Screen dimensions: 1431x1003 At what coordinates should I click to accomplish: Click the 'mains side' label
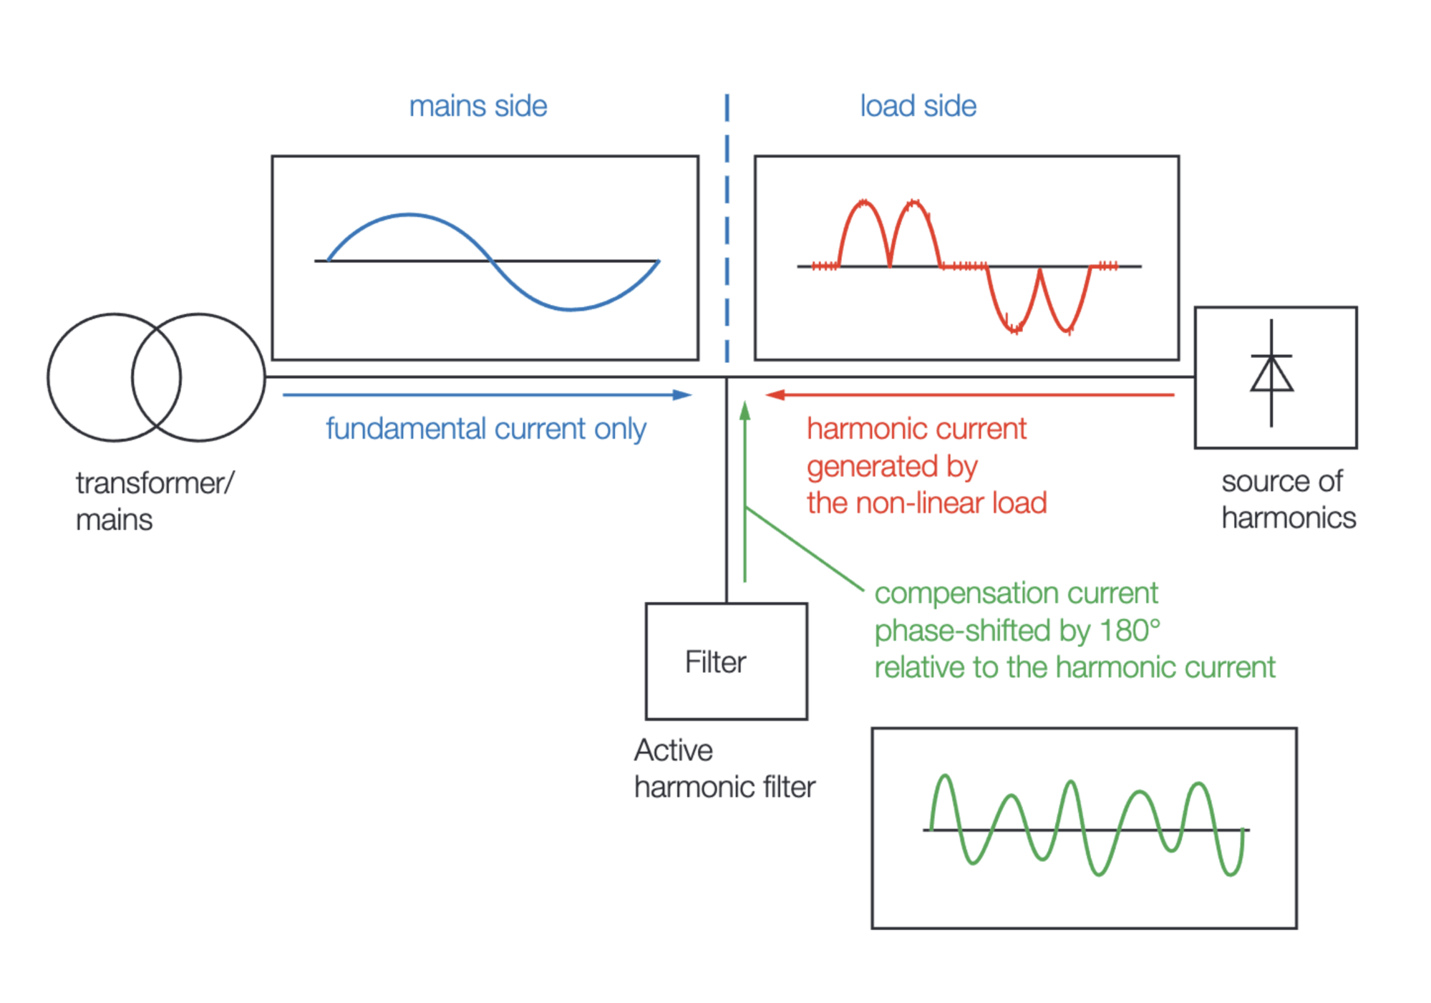point(478,106)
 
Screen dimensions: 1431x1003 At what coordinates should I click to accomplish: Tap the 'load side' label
point(918,106)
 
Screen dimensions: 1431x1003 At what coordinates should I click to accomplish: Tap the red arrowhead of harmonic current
point(775,394)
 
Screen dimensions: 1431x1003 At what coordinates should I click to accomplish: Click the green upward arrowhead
point(745,411)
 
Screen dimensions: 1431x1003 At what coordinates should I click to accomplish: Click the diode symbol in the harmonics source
point(1271,373)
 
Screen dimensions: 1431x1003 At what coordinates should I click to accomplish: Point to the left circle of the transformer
point(49,377)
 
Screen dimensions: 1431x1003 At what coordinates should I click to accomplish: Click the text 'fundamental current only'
point(486,429)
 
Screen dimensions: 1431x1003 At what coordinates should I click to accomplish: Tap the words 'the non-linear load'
point(927,503)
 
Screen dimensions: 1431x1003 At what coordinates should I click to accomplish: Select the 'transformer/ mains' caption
point(155,501)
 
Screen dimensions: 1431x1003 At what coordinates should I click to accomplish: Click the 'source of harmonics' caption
point(1289,499)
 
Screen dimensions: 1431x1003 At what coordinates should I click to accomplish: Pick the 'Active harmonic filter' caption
point(724,768)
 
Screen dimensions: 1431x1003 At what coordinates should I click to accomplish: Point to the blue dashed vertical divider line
point(727,228)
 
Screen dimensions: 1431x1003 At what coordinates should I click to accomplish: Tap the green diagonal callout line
point(805,548)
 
